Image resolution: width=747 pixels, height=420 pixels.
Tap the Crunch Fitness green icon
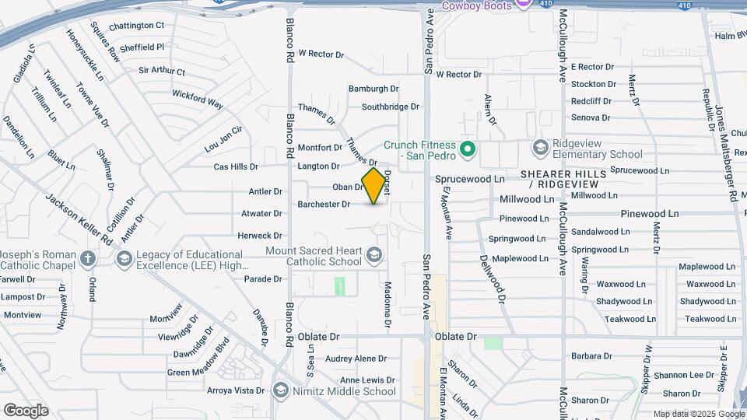click(x=468, y=148)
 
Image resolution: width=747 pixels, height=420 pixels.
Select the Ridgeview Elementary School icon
click(x=541, y=148)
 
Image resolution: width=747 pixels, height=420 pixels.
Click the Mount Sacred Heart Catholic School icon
click(x=374, y=255)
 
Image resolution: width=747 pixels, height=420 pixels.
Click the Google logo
click(x=26, y=410)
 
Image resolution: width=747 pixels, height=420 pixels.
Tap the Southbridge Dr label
click(x=390, y=107)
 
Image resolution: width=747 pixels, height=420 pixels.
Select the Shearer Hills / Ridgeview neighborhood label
click(x=559, y=179)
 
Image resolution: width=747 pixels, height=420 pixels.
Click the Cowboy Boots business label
click(x=477, y=5)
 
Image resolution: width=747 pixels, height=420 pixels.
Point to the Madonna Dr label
click(x=387, y=303)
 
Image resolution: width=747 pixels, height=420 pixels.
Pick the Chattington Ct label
click(x=136, y=26)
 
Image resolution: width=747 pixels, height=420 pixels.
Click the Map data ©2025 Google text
click(x=699, y=414)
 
